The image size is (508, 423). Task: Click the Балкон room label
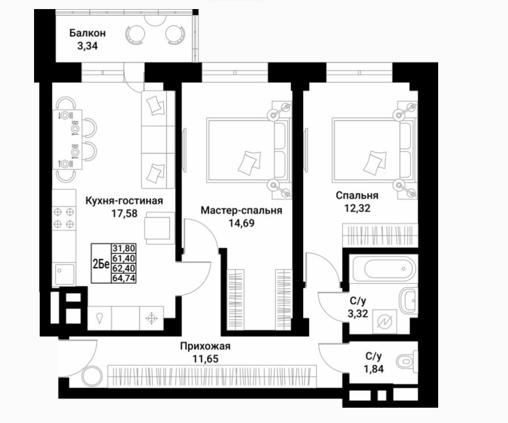point(87,33)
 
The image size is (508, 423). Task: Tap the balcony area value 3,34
point(87,46)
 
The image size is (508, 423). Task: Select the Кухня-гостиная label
point(124,201)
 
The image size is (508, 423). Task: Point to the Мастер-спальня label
point(241,210)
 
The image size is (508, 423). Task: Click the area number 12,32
point(357,208)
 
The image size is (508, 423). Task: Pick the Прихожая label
point(205,346)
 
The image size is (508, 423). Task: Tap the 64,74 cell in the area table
point(123,278)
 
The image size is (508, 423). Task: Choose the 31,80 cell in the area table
point(123,248)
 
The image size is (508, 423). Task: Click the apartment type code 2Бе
point(101,264)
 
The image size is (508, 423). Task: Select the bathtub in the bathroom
point(384,269)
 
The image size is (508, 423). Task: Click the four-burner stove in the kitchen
point(64,218)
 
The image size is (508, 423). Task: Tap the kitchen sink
point(65,274)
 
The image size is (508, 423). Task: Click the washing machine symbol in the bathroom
point(385,322)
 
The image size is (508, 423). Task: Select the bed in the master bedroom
point(248,150)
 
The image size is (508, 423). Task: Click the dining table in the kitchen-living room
point(67,139)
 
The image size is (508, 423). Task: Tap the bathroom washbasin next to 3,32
point(408,301)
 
